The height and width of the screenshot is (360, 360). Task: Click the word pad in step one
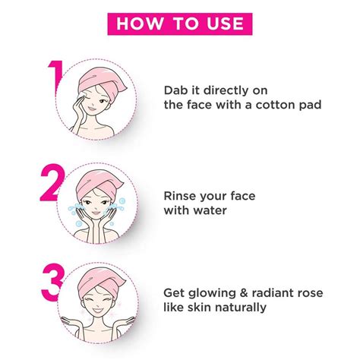[x=307, y=106]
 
